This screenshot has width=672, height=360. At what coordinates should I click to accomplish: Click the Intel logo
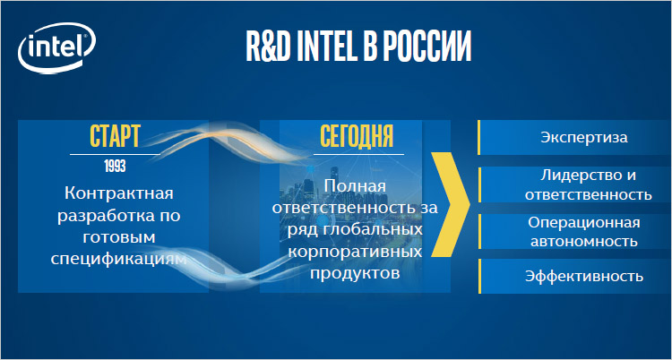pyautogui.click(x=56, y=48)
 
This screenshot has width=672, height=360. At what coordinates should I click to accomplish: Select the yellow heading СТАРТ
pyautogui.click(x=115, y=137)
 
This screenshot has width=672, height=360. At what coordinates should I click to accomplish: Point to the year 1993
pyautogui.click(x=115, y=167)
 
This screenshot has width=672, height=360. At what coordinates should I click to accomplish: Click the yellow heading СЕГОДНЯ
pyautogui.click(x=357, y=137)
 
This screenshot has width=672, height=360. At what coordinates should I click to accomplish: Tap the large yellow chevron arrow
pyautogui.click(x=451, y=205)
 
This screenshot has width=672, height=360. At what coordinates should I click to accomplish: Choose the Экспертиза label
pyautogui.click(x=583, y=138)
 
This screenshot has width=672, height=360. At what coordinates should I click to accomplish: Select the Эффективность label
pyautogui.click(x=584, y=276)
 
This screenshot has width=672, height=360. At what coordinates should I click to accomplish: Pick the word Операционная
pyautogui.click(x=583, y=223)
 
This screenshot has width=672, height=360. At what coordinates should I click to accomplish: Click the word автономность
pyautogui.click(x=583, y=241)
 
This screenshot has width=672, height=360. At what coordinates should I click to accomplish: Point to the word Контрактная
pyautogui.click(x=119, y=193)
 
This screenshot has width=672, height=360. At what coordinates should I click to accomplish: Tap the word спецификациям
pyautogui.click(x=119, y=260)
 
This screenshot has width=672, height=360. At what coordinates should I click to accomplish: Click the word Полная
pyautogui.click(x=356, y=186)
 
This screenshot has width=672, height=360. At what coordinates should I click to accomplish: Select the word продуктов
pyautogui.click(x=355, y=273)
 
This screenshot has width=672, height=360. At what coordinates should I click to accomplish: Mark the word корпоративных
pyautogui.click(x=356, y=252)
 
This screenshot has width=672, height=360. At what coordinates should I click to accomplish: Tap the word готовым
pyautogui.click(x=119, y=237)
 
